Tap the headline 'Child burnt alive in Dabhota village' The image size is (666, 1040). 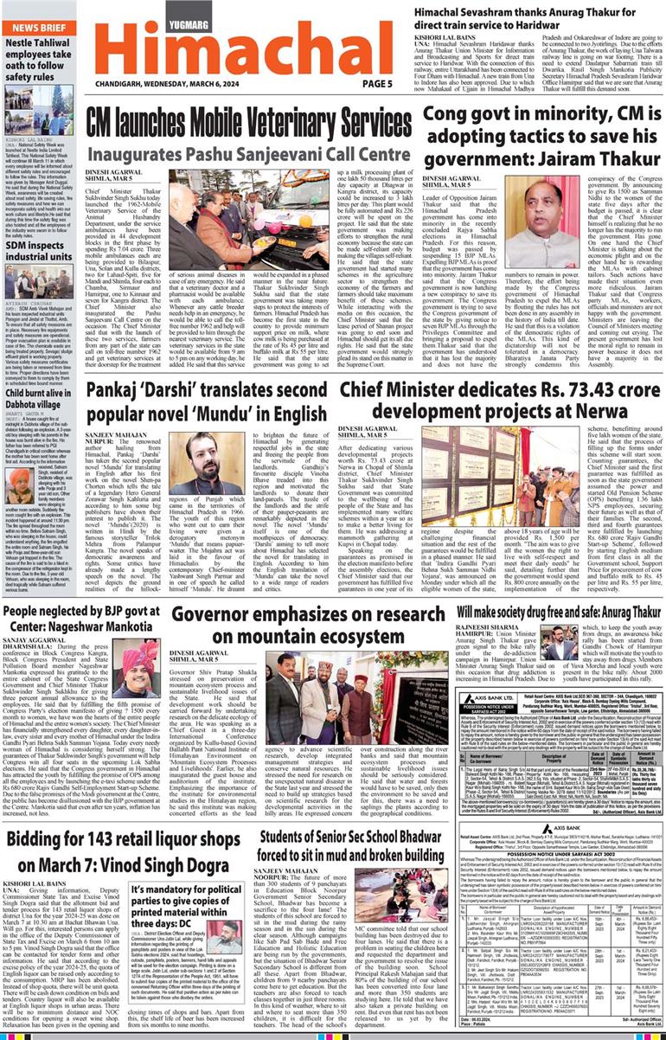40,395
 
